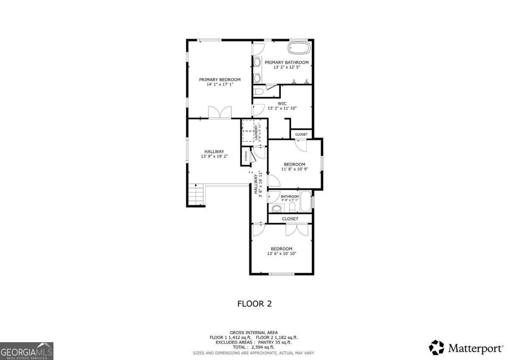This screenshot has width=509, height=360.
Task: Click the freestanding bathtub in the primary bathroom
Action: (299, 48)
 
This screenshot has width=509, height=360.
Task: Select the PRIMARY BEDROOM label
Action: (220, 79)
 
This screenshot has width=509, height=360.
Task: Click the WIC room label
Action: (282, 103)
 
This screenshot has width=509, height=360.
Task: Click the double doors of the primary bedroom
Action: (220, 112)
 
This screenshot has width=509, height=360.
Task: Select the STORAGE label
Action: (246, 156)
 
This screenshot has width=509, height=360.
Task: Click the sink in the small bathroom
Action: (277, 208)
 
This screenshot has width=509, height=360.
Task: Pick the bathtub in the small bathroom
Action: (305, 201)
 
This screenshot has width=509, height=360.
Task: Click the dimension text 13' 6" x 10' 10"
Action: (281, 254)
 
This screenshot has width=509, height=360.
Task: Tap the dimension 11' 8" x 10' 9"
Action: (294, 169)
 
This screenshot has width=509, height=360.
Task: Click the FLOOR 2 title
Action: (254, 304)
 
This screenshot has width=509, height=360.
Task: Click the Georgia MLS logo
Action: (27, 351)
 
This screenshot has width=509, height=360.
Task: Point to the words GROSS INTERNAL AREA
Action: (254, 332)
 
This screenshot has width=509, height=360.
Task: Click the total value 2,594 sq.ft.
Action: (263, 347)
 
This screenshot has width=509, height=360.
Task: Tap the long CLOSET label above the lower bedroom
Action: (290, 219)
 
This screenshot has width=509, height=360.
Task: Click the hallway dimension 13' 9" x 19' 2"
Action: (214, 156)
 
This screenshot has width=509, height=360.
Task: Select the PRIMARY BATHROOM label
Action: (287, 62)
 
